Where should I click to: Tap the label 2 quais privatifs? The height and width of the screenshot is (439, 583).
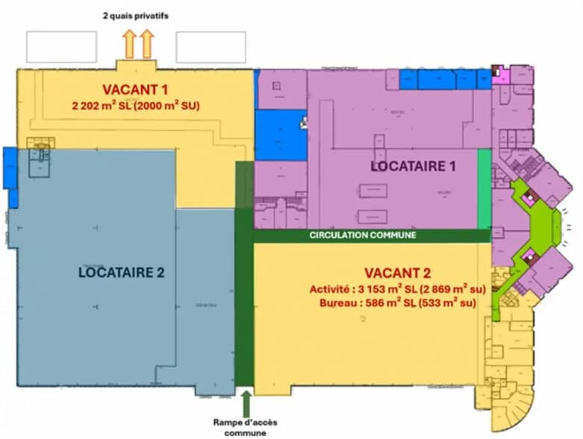click(137, 15)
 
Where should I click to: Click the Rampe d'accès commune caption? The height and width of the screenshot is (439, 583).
click(244, 426)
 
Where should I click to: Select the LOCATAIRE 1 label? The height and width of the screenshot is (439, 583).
click(413, 166)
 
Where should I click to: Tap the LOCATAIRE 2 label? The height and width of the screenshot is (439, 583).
click(121, 273)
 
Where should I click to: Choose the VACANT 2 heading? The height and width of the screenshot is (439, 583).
click(399, 273)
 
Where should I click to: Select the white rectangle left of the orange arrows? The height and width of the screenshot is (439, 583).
click(61, 47)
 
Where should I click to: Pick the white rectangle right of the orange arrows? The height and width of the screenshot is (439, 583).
click(211, 47)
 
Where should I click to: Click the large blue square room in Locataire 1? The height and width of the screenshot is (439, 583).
click(280, 135)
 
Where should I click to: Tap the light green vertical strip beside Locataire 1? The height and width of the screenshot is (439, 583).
click(484, 189)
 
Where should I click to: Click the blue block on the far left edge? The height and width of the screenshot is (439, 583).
click(10, 168)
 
